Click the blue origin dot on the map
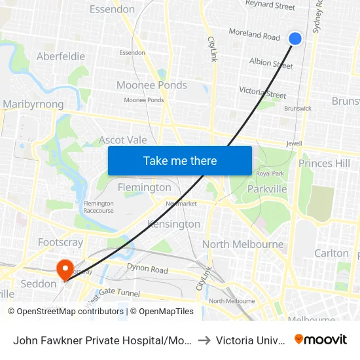coord(295,39)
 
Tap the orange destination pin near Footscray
coord(65,269)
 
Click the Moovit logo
coord(321,339)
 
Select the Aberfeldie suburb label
coord(61,56)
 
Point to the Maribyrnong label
coord(33,104)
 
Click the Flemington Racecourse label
coord(99,207)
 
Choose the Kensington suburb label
coord(174,224)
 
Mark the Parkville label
coord(267,189)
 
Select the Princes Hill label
coord(324,163)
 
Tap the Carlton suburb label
coord(331,253)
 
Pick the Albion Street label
coord(271,63)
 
